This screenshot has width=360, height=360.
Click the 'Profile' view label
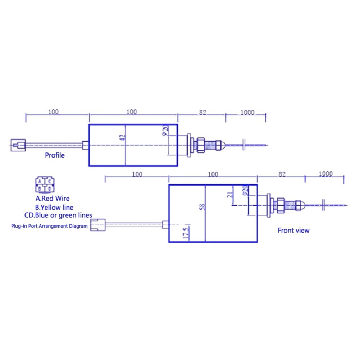pos(55,155)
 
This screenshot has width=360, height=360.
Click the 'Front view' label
pos(293,230)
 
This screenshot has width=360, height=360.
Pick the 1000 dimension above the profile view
pos(247,113)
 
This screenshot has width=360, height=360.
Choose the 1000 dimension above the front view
pos(325,174)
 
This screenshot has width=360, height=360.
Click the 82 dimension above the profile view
pos(202,113)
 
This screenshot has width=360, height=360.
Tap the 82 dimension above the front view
pos(282,174)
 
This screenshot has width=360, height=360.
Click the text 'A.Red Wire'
pos(53,198)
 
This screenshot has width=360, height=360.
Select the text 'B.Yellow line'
pos(54,207)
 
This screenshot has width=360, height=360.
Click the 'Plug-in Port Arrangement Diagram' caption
pos(49,226)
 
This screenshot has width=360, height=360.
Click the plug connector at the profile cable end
pos(18,145)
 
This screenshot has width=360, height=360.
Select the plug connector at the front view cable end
pos(97,225)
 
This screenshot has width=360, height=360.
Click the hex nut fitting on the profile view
pos(199,145)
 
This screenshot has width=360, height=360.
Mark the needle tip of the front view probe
pos(346,205)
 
